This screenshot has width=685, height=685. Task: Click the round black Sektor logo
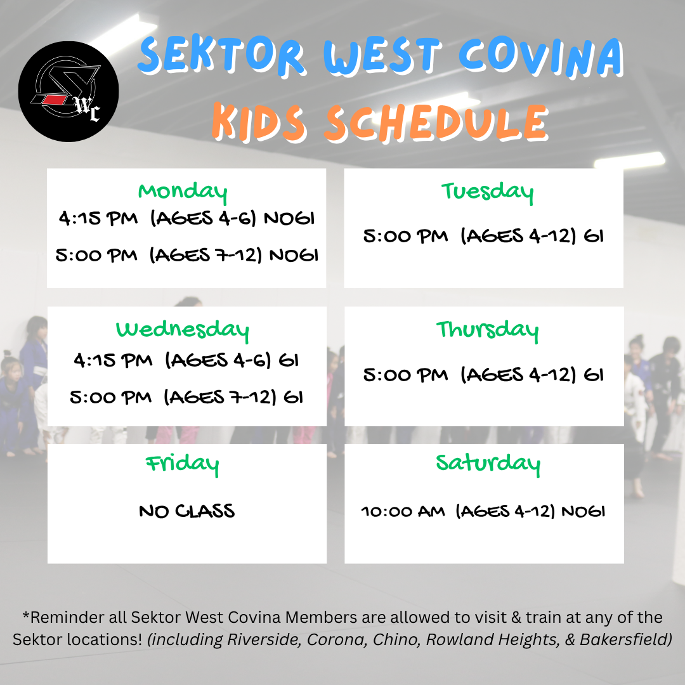click(x=68, y=91)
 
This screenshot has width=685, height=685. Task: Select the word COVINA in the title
click(x=541, y=57)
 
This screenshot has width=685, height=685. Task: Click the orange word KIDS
click(x=259, y=123)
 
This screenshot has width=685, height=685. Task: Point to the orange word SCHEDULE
click(x=436, y=123)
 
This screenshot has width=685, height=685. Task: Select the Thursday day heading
click(x=487, y=330)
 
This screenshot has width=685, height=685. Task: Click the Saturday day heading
click(x=488, y=464)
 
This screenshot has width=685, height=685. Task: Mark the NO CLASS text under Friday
click(x=187, y=511)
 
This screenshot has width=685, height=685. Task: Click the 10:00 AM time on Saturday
click(x=403, y=511)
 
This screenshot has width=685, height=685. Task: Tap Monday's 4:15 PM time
click(x=98, y=218)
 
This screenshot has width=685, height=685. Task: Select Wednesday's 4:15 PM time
click(x=113, y=360)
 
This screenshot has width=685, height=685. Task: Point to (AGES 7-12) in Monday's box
click(x=205, y=255)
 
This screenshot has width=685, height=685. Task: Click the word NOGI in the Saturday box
click(x=584, y=511)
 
